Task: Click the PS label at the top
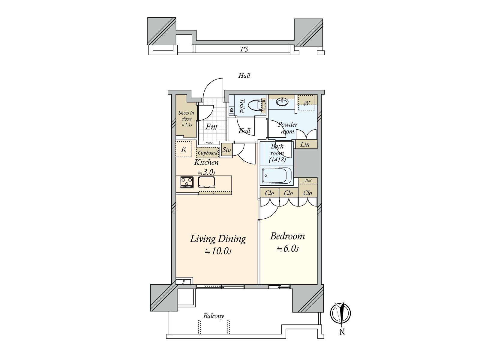pos(244,49)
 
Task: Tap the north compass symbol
pos(340,313)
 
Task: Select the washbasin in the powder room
pos(282,102)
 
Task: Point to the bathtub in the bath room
pos(277,175)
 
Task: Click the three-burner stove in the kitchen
pos(187,182)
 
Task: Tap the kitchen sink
pos(207,182)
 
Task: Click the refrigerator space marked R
pos(183,149)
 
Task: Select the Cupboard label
pos(208,153)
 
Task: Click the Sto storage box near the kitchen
pos(226,150)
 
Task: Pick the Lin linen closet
pos(305,144)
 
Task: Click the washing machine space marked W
pos(306,103)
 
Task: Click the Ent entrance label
pos(211,127)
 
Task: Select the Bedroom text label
pos(287,236)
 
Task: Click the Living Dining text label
pos(218,239)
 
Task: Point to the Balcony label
pos(214,316)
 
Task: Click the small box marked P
pos(184,282)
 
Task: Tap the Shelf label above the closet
pos(308,181)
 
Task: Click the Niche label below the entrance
pos(209,143)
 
